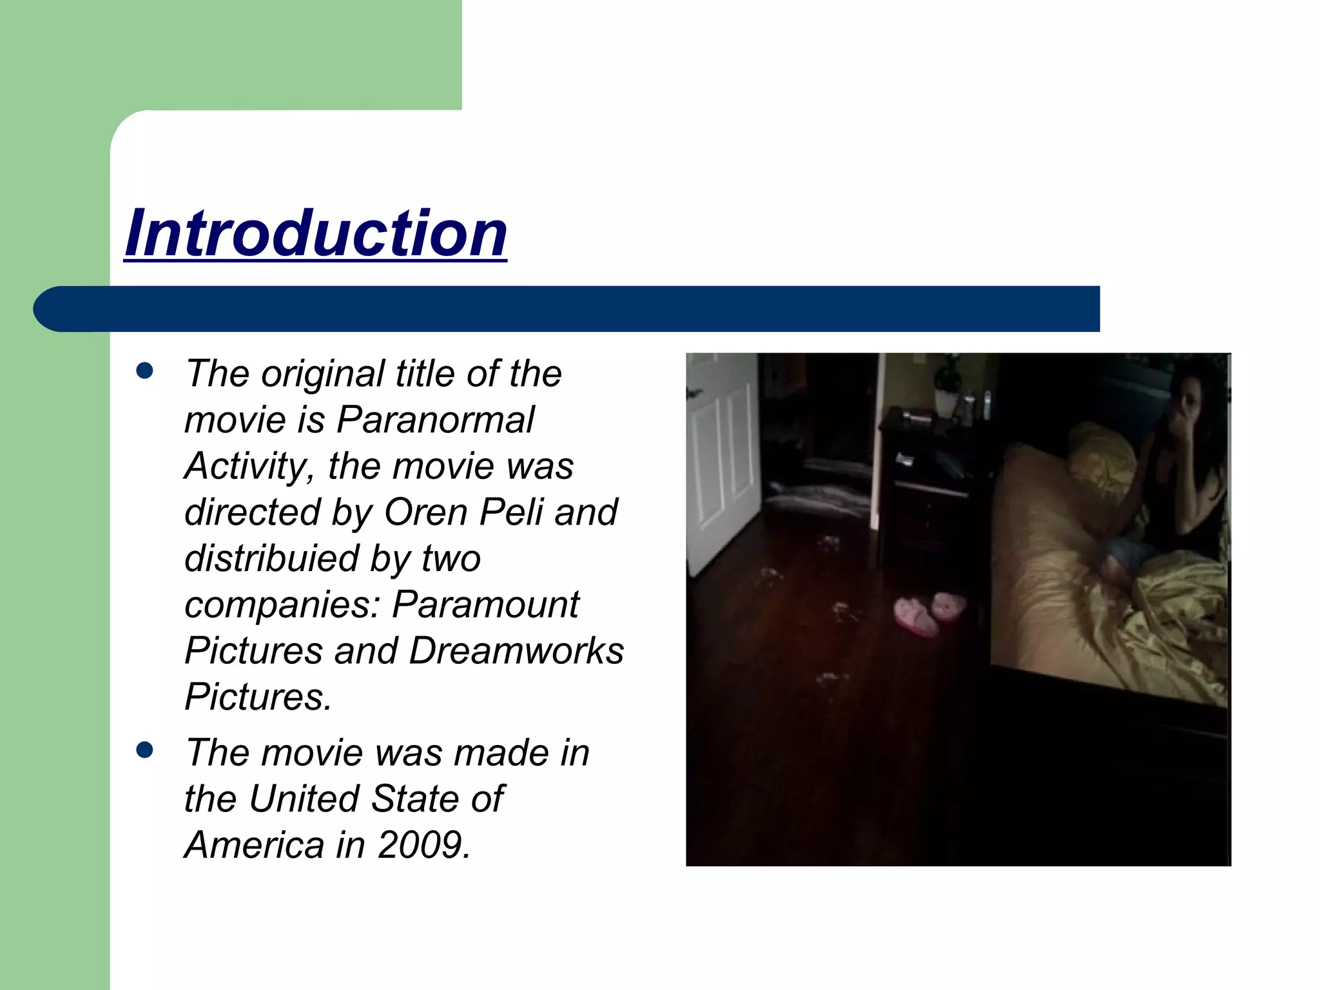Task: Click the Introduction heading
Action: coord(316,233)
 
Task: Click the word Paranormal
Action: coord(435,420)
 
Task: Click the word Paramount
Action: coord(485,605)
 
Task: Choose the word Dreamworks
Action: coord(516,651)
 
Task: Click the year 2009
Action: coord(423,845)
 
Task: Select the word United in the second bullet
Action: coord(304,799)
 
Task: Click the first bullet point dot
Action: coord(145,371)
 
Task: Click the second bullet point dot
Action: coord(145,750)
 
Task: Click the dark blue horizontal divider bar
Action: coord(567,309)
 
